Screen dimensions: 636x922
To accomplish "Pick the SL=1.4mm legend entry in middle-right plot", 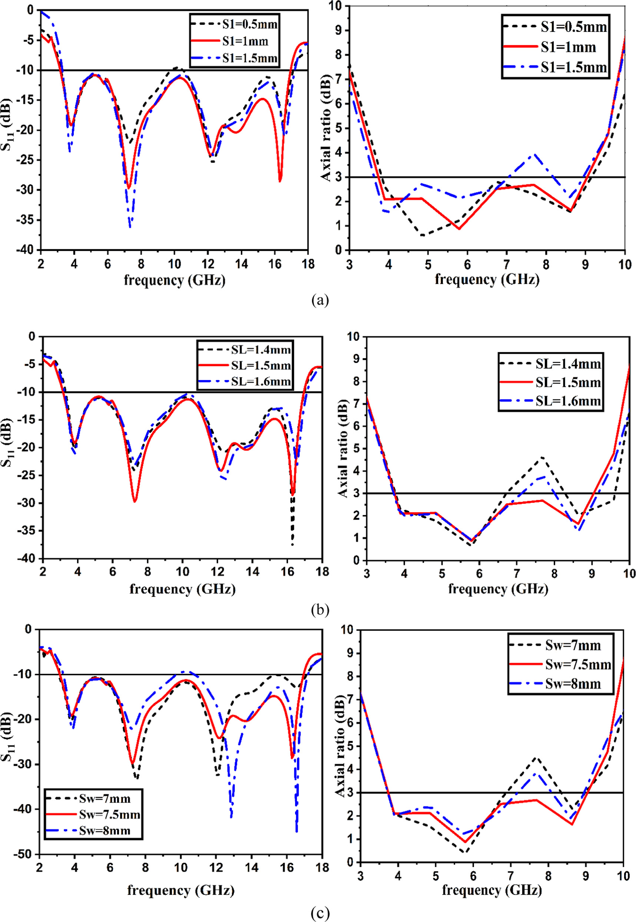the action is pyautogui.click(x=550, y=363).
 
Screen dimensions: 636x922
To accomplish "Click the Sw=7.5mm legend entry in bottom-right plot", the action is pyautogui.click(x=560, y=664).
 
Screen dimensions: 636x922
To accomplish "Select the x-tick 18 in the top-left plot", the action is pyautogui.click(x=308, y=264).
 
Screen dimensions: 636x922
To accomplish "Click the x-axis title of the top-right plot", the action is pyautogui.click(x=487, y=279).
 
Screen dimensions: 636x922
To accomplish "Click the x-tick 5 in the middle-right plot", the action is pyautogui.click(x=442, y=574).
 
